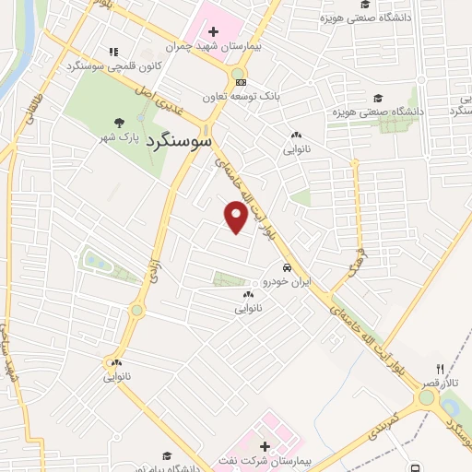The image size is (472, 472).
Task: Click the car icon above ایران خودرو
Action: [x=287, y=266]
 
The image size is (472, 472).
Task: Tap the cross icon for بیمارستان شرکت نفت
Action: [x=265, y=445]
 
